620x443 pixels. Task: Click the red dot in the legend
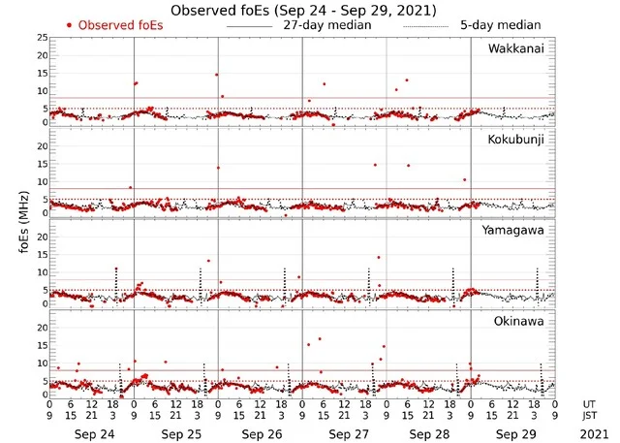pos(70,23)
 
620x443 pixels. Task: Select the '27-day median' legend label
pos(326,23)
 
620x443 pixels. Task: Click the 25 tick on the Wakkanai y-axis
pos(42,37)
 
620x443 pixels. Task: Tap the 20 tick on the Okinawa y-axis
pos(42,328)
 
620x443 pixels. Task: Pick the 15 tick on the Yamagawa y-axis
pos(42,255)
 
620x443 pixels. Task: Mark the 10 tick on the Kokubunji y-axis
pos(42,181)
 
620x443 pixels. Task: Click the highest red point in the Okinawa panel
pos(320,339)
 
